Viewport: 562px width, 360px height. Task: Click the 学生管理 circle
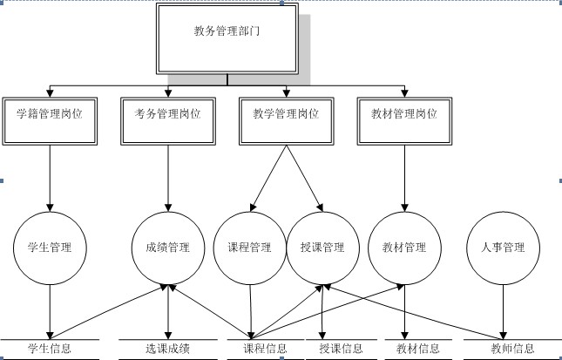point(50,248)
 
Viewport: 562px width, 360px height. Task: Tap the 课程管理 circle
point(249,248)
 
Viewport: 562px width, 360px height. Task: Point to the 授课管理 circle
point(322,248)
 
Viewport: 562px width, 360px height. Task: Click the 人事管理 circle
point(503,248)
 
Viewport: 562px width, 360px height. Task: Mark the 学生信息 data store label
point(50,350)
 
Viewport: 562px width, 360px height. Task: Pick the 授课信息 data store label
point(341,350)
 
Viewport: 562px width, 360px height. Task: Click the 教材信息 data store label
point(418,350)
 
